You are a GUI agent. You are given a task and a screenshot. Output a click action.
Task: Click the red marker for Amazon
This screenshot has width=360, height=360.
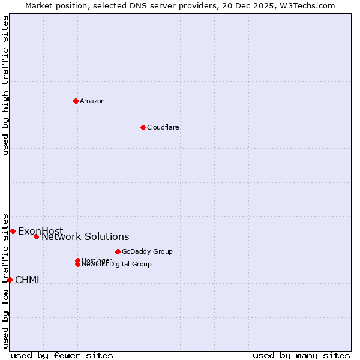click(x=76, y=101)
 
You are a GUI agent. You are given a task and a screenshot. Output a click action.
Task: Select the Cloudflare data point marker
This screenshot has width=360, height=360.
click(x=143, y=127)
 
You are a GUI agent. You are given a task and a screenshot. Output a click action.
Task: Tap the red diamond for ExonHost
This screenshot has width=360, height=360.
click(x=13, y=231)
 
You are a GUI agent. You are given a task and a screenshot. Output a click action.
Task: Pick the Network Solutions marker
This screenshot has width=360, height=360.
click(x=36, y=236)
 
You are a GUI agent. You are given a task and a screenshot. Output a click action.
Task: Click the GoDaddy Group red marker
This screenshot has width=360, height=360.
click(x=118, y=251)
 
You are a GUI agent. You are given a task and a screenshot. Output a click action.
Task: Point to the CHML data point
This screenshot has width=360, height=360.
click(x=10, y=280)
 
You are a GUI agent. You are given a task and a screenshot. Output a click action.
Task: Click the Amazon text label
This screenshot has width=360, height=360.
click(x=92, y=101)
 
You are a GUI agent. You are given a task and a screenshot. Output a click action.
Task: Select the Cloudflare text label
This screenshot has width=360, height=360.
click(x=163, y=127)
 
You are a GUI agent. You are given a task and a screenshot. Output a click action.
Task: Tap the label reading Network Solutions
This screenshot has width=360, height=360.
click(x=85, y=237)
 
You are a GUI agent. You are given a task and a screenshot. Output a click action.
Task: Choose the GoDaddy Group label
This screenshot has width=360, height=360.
click(x=147, y=251)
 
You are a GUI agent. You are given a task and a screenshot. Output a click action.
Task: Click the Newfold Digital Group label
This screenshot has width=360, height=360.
click(x=117, y=264)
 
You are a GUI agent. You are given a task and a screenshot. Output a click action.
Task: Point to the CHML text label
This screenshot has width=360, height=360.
click(x=28, y=280)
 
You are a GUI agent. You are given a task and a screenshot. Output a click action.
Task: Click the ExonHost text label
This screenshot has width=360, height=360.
click(x=40, y=232)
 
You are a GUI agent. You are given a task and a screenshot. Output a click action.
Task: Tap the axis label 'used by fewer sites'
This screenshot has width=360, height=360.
click(x=62, y=355)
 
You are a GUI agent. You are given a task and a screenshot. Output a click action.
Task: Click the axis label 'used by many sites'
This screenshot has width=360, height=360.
click(x=301, y=355)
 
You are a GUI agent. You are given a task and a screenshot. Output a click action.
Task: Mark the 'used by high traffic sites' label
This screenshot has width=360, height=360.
click(x=5, y=85)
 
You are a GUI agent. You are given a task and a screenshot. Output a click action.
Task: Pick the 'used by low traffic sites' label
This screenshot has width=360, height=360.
click(x=5, y=280)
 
